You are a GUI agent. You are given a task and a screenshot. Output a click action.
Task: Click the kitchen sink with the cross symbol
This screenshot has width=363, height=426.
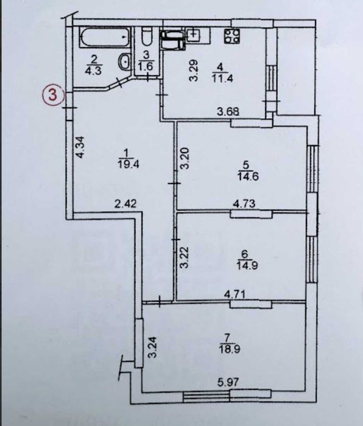click(194, 35)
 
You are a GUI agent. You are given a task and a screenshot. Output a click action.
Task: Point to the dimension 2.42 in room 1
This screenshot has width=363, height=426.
click(124, 206)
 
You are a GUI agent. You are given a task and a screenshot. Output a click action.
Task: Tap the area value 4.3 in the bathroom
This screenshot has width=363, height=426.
click(95, 69)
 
